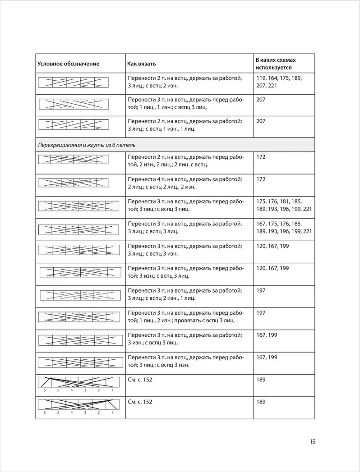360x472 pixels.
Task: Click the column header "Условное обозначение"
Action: click(x=68, y=64)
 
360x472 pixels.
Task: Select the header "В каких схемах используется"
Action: click(x=276, y=64)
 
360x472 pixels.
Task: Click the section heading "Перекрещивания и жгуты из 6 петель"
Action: click(x=87, y=145)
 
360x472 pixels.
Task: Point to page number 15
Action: click(x=313, y=441)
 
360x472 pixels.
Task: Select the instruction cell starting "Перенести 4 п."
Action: click(x=185, y=183)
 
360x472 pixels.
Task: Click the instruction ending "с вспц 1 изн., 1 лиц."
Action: click(x=185, y=125)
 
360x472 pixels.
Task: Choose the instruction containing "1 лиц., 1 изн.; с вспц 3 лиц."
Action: click(x=185, y=103)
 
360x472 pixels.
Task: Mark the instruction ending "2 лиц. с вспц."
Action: click(x=185, y=160)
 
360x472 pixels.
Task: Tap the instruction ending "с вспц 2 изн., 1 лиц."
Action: click(x=185, y=294)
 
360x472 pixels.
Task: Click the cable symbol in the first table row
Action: click(x=74, y=82)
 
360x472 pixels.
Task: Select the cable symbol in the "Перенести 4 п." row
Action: click(x=74, y=183)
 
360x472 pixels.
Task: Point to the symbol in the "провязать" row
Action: click(x=79, y=317)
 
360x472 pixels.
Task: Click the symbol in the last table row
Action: click(x=79, y=406)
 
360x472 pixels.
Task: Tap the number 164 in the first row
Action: click(x=276, y=78)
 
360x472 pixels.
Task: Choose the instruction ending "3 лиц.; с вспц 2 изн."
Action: click(x=185, y=82)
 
